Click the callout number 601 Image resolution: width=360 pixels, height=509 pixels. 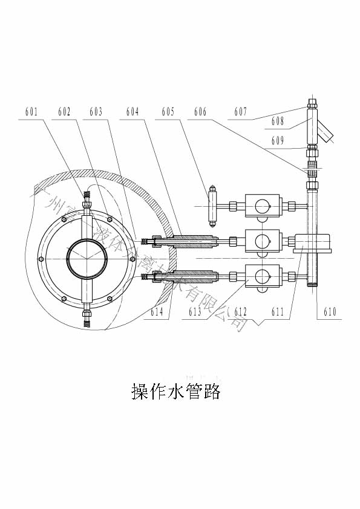pos(31,112)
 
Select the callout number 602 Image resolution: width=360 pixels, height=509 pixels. pos(64,112)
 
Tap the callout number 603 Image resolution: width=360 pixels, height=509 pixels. pos(96,112)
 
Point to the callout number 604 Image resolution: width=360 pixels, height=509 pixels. pos(133,112)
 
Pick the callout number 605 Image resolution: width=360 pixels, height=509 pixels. pos(168,112)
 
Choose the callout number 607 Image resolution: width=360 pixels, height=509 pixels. pos(241,112)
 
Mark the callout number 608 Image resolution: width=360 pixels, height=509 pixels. pos(278,122)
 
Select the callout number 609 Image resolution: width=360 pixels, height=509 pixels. pos(278,141)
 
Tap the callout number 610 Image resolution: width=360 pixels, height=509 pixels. pos(330,312)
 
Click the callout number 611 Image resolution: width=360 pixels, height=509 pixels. pos(278,312)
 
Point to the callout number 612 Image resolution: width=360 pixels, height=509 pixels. pos(241,312)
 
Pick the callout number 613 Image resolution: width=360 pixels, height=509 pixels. pos(195,312)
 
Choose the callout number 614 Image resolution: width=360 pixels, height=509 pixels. pos(157,312)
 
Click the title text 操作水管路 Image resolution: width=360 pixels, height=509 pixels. pos(175,392)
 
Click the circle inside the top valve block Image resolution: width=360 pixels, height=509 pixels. pos(261,206)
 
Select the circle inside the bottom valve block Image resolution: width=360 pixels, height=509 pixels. pos(261,276)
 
